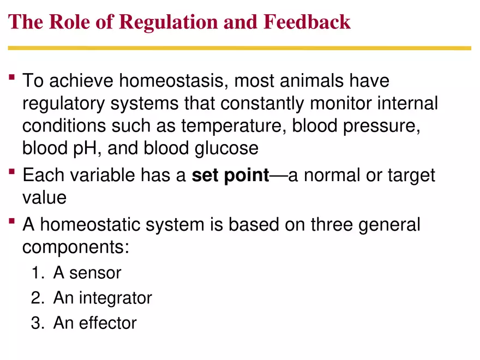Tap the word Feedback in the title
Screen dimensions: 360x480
[x=307, y=22]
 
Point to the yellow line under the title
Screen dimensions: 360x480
[x=239, y=48]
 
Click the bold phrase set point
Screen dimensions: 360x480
[x=231, y=176]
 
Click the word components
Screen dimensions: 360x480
[x=75, y=247]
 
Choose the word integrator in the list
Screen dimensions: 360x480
[x=116, y=298]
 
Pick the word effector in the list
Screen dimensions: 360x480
[x=108, y=323]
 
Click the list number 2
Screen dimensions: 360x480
[x=36, y=298]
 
